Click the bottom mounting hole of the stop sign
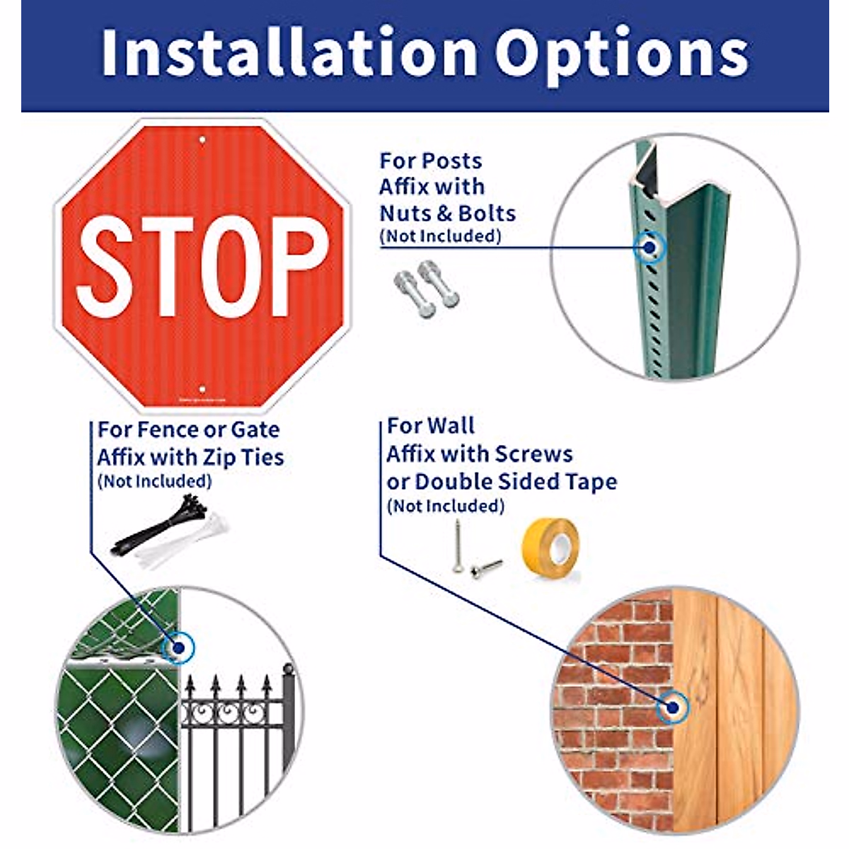202,388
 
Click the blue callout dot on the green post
648,247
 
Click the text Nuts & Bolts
447,213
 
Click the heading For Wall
430,426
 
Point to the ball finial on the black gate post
288,669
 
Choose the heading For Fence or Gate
188,429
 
